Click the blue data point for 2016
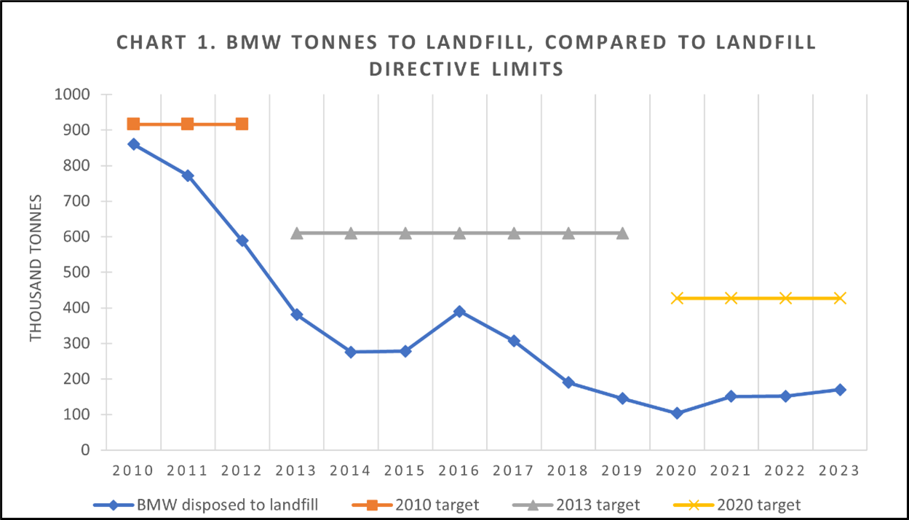[x=459, y=312]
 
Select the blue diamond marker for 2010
[x=133, y=144]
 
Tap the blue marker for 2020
[x=677, y=413]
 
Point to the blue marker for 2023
[x=840, y=390]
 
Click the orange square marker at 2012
[x=242, y=124]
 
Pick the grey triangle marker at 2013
[x=296, y=233]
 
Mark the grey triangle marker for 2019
[x=622, y=233]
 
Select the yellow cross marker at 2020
[x=677, y=298]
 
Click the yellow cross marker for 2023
[x=840, y=298]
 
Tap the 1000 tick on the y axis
[x=74, y=95]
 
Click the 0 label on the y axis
[x=85, y=450]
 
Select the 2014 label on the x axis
[x=351, y=470]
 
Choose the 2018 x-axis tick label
[x=568, y=470]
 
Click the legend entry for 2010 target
[x=435, y=504]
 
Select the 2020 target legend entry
[x=758, y=504]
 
